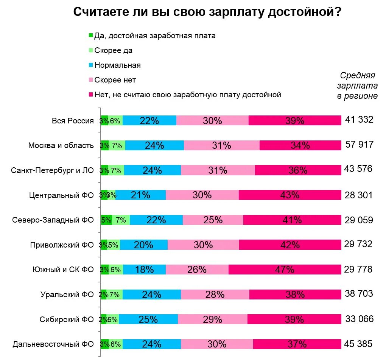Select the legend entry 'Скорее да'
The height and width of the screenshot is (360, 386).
coord(114,50)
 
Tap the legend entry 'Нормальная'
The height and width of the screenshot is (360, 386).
coord(117,65)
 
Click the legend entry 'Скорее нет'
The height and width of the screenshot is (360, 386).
coord(115,80)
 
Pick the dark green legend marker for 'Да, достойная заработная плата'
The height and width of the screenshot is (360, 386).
coord(90,36)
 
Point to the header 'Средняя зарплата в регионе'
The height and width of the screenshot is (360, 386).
coord(357,86)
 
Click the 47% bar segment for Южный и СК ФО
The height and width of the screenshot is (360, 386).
coord(285,270)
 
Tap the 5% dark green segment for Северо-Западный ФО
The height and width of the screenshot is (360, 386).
coord(106,220)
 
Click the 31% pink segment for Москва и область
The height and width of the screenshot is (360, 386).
coord(222,145)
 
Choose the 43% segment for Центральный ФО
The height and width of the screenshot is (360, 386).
coord(290,195)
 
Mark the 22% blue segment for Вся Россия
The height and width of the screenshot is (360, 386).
coord(149,120)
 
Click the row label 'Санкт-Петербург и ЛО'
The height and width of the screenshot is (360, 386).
coord(52,170)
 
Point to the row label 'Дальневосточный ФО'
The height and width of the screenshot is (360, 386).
coord(53,344)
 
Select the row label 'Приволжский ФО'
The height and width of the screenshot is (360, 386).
coord(62,245)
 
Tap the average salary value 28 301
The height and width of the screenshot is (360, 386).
coord(359,195)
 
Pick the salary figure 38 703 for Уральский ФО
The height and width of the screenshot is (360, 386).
coord(359,293)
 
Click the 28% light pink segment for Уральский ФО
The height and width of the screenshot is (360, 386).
coord(215,294)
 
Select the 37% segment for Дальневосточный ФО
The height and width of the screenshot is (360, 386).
coord(297,344)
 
